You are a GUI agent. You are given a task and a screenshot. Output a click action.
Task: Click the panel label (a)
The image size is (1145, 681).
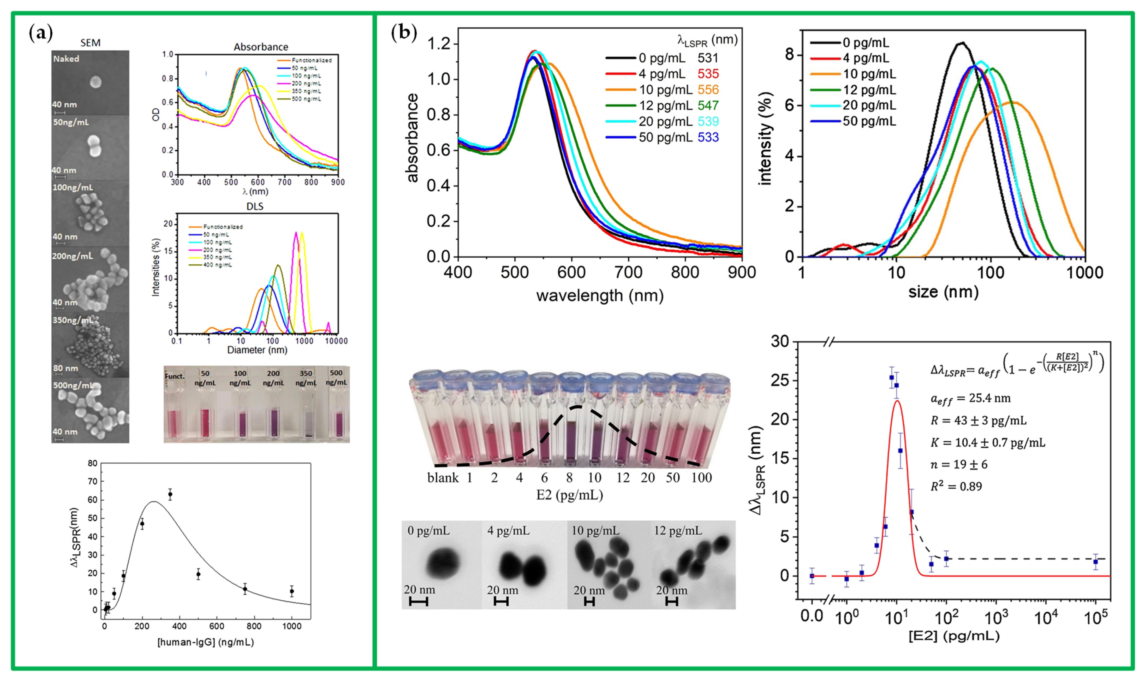pyautogui.click(x=40, y=33)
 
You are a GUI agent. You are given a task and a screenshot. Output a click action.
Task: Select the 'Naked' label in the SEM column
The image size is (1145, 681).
pyautogui.click(x=66, y=59)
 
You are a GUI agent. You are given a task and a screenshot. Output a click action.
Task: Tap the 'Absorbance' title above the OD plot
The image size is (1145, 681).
pyautogui.click(x=261, y=47)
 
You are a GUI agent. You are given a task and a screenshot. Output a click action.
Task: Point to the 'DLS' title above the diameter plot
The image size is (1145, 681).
pyautogui.click(x=255, y=206)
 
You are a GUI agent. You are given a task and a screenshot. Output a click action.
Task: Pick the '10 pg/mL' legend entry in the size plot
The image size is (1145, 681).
pyautogui.click(x=869, y=74)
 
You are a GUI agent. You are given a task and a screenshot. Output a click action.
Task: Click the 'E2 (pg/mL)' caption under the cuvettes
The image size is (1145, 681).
pyautogui.click(x=569, y=495)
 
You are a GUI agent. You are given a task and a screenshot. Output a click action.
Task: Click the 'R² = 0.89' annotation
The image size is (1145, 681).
pyautogui.click(x=956, y=487)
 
